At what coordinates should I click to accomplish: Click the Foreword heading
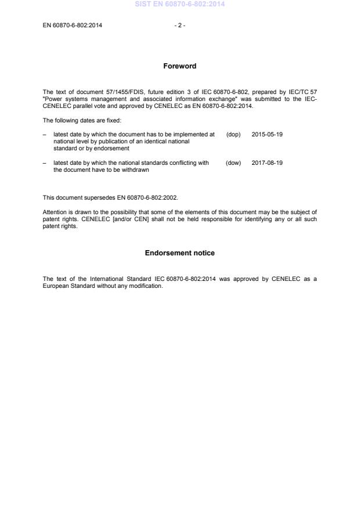point(179,66)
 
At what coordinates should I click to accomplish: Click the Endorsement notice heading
point(179,253)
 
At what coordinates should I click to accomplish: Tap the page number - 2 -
point(179,26)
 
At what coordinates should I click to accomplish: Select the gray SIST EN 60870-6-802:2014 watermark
point(179,4)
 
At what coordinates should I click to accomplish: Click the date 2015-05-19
point(267,134)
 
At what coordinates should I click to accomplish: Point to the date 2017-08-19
point(267,163)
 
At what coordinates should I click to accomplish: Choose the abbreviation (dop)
point(233,134)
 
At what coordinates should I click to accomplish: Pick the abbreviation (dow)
point(233,163)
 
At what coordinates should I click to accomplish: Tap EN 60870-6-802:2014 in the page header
point(73,26)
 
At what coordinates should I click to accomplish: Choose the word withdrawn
point(136,170)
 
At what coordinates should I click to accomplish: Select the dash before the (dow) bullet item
point(45,163)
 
